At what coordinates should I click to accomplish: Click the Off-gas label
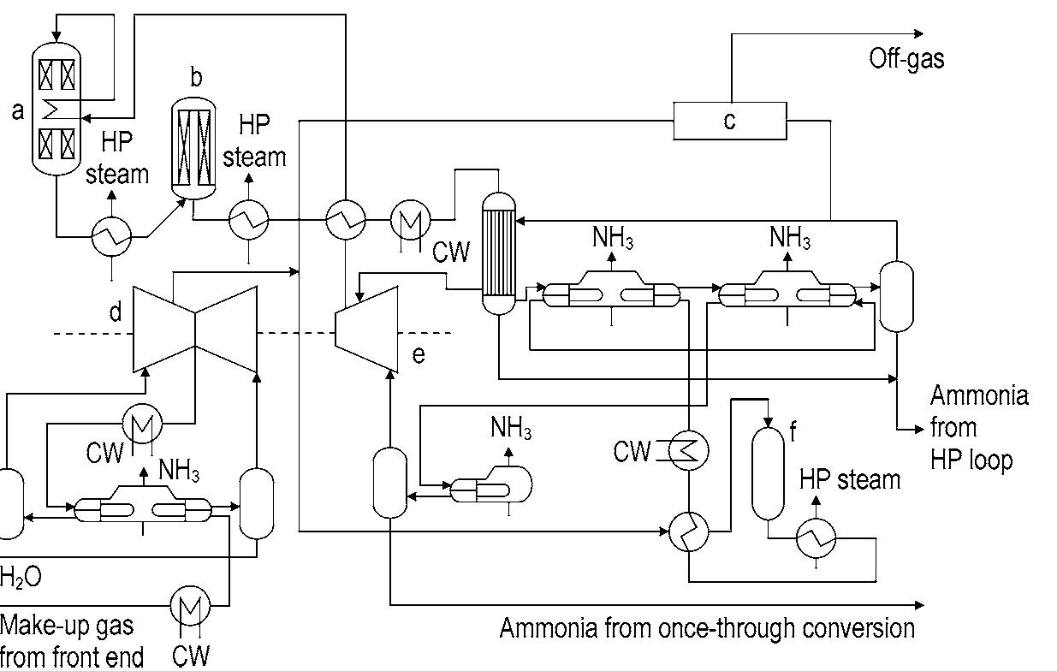[906, 58]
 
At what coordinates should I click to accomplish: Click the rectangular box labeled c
[729, 121]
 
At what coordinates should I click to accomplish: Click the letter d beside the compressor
[115, 312]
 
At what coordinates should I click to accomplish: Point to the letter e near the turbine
[418, 354]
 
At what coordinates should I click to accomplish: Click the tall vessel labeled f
[768, 472]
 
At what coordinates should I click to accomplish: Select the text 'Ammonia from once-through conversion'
[706, 628]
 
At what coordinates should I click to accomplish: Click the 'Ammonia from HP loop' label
[978, 427]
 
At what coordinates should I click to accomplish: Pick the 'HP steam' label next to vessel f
[849, 479]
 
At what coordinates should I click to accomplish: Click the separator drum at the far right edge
[896, 296]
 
